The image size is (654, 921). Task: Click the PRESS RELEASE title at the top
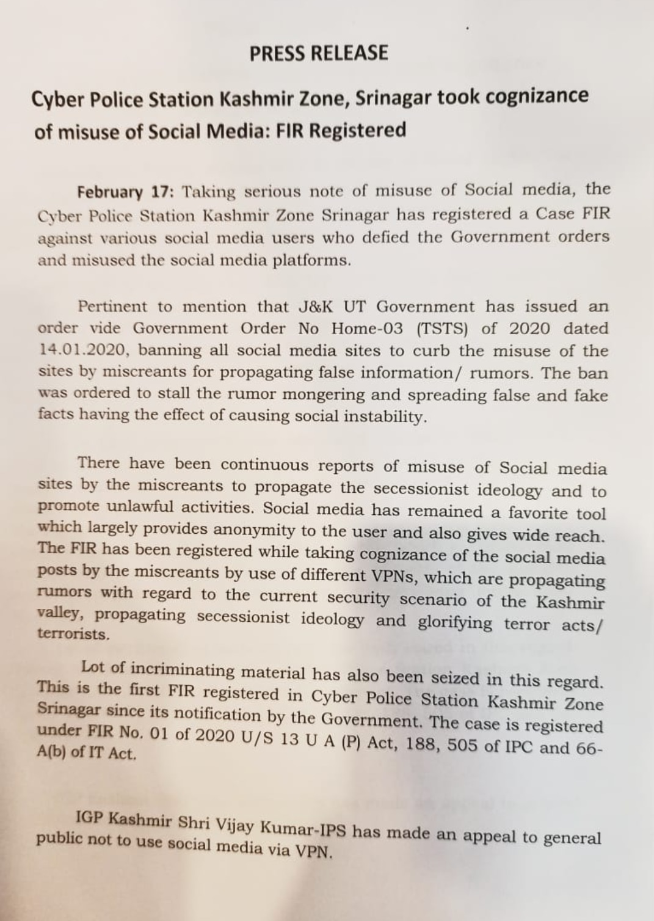318,53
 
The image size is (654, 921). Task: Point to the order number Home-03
367,328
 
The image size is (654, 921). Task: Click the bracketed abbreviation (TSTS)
442,329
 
